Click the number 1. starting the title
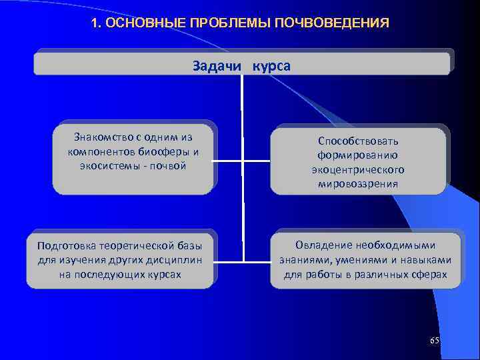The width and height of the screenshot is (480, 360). pos(95,23)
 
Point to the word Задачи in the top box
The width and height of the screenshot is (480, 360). pos(216,67)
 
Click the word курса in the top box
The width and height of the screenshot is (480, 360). pos(271,67)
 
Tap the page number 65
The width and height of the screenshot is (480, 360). pos(434,341)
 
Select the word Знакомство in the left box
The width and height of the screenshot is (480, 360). pos(102,138)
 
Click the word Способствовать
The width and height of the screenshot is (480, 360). pos(358,141)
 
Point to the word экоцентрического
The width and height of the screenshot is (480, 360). pos(358,170)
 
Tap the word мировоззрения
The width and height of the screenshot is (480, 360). pos(358,184)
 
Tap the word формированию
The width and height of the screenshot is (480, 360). pos(358,155)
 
